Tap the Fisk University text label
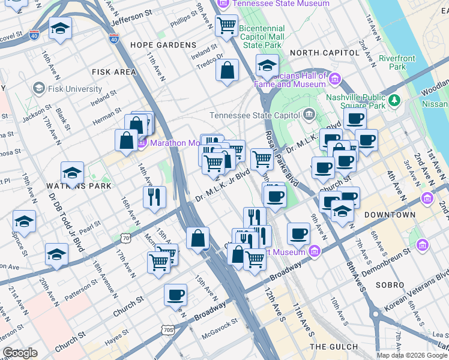74,89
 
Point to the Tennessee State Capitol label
255,115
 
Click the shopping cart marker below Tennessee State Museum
226,25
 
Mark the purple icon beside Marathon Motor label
142,143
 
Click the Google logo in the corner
20,353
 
